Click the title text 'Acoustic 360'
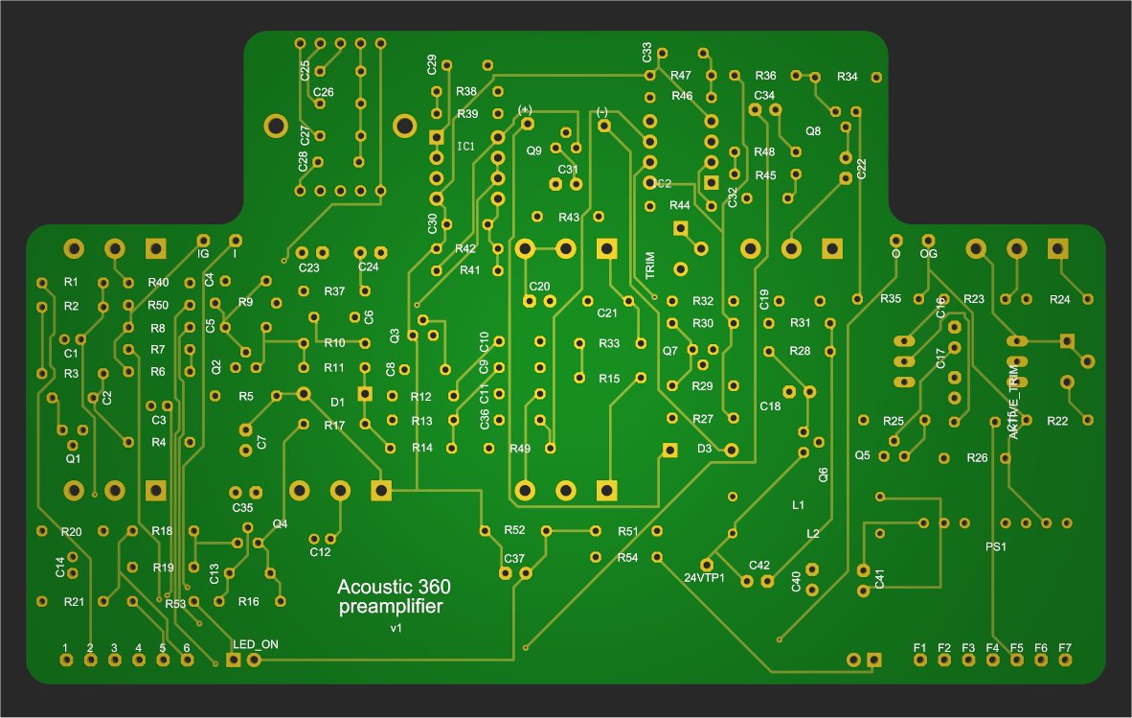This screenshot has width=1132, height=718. pyautogui.click(x=395, y=587)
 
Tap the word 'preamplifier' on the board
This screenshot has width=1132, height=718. pyautogui.click(x=391, y=607)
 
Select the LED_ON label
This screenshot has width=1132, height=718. pyautogui.click(x=255, y=643)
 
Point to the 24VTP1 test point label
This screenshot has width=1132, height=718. pyautogui.click(x=704, y=578)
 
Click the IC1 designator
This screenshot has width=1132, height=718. pyautogui.click(x=465, y=147)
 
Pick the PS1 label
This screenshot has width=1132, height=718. pyautogui.click(x=997, y=547)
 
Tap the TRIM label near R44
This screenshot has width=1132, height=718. pyautogui.click(x=650, y=265)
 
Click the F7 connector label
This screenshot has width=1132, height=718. pyautogui.click(x=1065, y=647)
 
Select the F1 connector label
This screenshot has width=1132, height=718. pyautogui.click(x=919, y=647)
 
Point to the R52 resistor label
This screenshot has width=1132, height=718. pyautogui.click(x=514, y=530)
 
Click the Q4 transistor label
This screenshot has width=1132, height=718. pyautogui.click(x=280, y=523)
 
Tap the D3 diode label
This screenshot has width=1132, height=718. pyautogui.click(x=704, y=448)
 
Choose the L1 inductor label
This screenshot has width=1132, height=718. pyautogui.click(x=798, y=504)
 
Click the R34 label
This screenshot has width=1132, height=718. pyautogui.click(x=847, y=76)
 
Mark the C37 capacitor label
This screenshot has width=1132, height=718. pyautogui.click(x=514, y=558)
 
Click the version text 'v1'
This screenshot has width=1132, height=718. pyautogui.click(x=396, y=628)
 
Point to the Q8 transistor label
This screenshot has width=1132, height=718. pyautogui.click(x=813, y=131)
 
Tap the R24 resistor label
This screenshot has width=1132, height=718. pyautogui.click(x=1059, y=300)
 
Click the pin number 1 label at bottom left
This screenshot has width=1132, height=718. pyautogui.click(x=65, y=647)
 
